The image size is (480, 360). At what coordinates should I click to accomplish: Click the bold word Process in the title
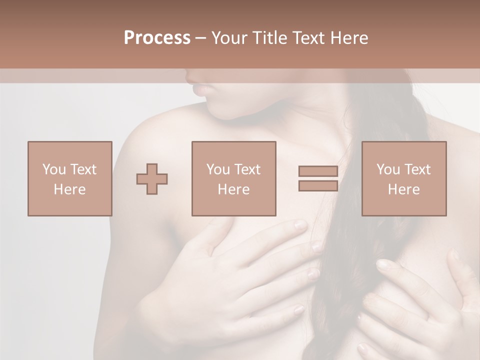[157, 38]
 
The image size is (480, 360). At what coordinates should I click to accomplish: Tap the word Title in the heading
[270, 38]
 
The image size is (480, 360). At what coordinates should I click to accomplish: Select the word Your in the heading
[230, 38]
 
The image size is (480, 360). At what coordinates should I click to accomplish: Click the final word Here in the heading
[350, 38]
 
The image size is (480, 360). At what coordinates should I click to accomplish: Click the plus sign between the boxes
[152, 179]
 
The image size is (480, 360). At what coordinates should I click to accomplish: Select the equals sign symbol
[318, 178]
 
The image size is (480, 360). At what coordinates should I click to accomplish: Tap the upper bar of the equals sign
[318, 171]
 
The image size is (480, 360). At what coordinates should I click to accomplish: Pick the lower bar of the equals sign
[318, 185]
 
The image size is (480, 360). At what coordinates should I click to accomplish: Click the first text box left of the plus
[70, 178]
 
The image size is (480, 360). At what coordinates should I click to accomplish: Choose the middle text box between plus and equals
[234, 178]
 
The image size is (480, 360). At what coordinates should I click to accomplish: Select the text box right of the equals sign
[404, 178]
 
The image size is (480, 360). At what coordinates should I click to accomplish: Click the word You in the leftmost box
[53, 169]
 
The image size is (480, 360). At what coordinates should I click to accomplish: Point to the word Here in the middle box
[234, 189]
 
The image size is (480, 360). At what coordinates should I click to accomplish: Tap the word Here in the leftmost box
[70, 189]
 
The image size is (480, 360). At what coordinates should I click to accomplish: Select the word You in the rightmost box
[388, 169]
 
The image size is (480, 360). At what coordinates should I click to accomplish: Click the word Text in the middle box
[247, 169]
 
